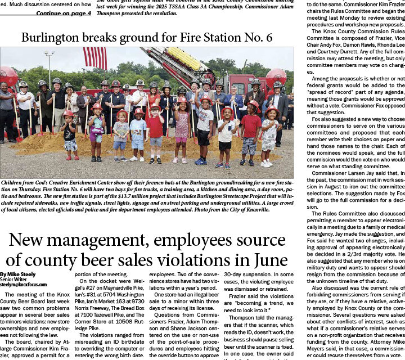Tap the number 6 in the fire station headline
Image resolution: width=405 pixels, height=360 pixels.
269,38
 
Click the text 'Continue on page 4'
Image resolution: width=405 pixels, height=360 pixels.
63,13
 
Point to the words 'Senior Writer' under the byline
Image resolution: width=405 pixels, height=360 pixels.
13,280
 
